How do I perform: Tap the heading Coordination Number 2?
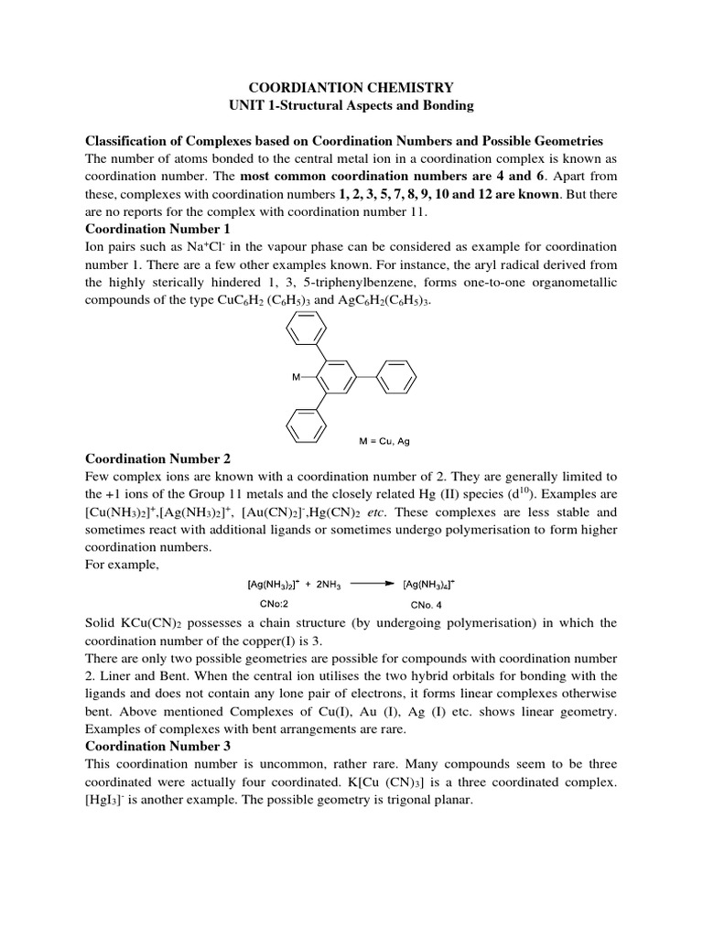point(158,458)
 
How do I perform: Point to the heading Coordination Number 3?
point(158,746)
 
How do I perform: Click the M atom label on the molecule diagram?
point(297,376)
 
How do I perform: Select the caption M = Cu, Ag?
point(384,441)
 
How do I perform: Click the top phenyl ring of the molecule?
point(305,328)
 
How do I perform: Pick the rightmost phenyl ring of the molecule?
point(397,376)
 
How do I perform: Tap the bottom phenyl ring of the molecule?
point(305,423)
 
